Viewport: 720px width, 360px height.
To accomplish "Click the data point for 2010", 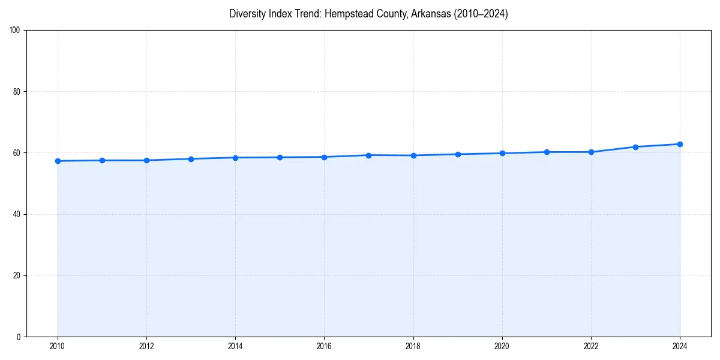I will (58, 161).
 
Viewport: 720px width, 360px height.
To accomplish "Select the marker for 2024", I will (680, 144).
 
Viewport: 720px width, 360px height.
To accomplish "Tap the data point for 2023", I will (635, 147).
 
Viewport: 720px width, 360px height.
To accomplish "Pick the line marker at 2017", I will (369, 155).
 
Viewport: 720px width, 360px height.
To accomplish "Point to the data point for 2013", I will (191, 159).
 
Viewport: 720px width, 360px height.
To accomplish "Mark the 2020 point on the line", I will (502, 153).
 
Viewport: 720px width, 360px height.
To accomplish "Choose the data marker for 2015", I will (280, 157).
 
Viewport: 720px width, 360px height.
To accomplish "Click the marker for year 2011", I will (102, 160).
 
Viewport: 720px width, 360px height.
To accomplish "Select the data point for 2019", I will (458, 154).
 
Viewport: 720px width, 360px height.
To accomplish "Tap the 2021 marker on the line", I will (547, 152).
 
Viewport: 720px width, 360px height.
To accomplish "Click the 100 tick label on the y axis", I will (15, 31).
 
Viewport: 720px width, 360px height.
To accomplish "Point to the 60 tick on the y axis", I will (17, 153).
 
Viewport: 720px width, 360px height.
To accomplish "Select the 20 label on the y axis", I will (17, 275).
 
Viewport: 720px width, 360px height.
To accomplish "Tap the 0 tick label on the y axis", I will (19, 337).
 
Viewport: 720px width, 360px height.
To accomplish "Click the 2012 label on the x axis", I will (146, 346).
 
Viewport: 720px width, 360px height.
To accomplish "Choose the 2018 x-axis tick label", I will (413, 346).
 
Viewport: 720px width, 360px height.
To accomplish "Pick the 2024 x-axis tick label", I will (680, 346).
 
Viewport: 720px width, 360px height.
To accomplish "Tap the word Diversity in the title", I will (246, 14).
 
